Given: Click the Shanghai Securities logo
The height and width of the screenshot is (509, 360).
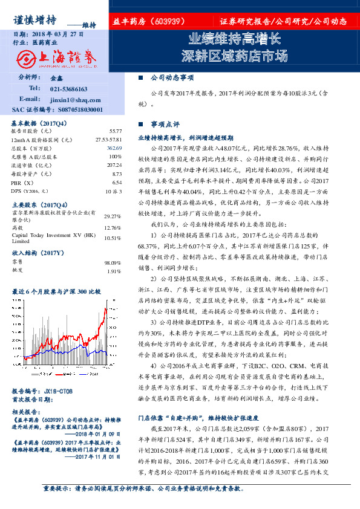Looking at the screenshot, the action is [56, 58].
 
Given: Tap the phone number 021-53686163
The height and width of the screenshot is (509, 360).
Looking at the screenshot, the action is [71, 89].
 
